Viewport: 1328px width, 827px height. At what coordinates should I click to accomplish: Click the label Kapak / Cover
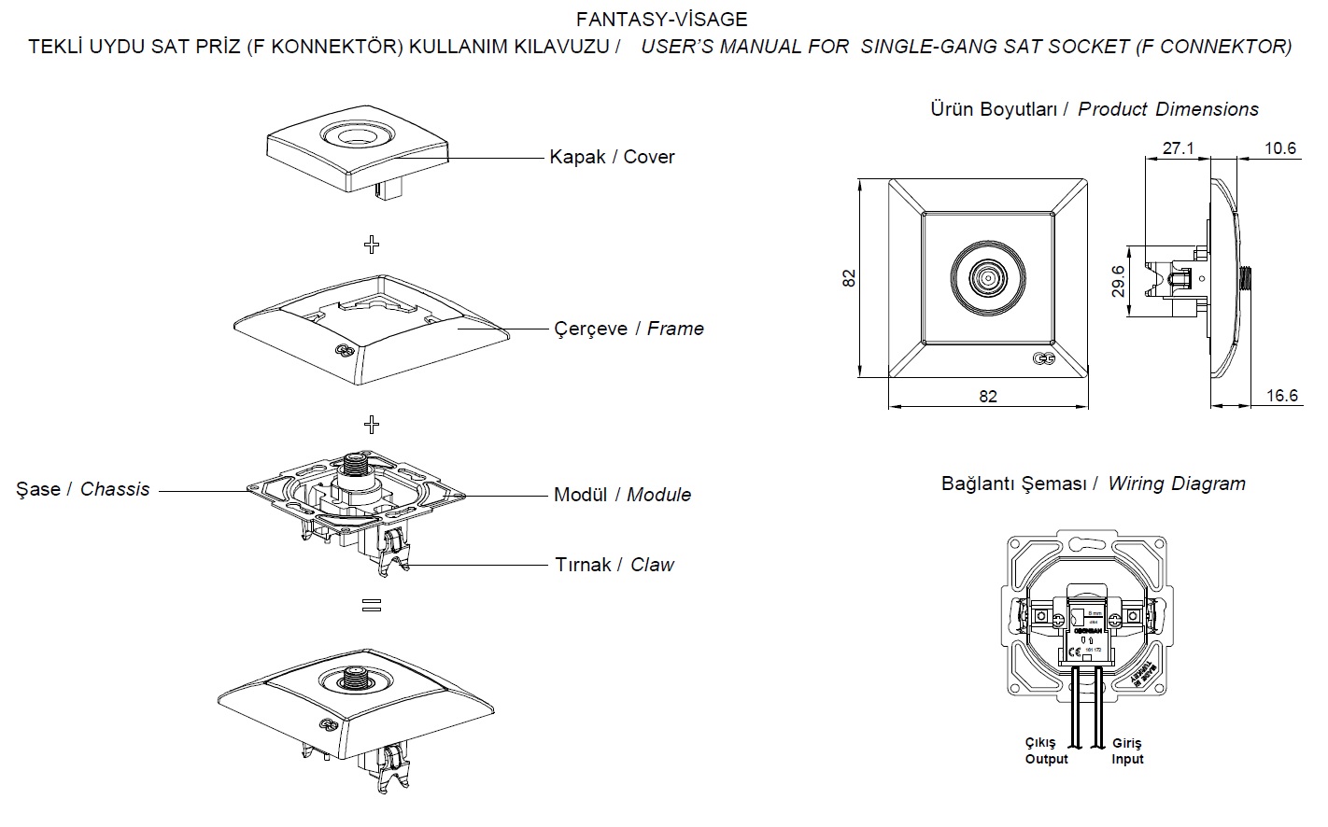click(x=612, y=157)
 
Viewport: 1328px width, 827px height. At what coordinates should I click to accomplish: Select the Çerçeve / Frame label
click(x=629, y=329)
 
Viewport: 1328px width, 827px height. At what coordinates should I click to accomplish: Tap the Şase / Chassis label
click(x=82, y=489)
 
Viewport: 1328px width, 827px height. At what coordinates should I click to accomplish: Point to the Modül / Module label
click(x=622, y=495)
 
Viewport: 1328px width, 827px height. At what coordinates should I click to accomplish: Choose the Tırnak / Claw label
click(x=615, y=565)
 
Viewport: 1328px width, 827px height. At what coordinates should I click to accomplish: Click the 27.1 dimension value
click(x=1179, y=148)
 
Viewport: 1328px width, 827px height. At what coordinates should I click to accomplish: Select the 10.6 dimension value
click(x=1279, y=148)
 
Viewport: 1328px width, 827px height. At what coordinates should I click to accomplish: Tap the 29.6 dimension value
click(x=1117, y=280)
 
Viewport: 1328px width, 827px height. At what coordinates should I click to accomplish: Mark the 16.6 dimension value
click(x=1281, y=396)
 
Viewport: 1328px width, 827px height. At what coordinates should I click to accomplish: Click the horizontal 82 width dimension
click(x=987, y=397)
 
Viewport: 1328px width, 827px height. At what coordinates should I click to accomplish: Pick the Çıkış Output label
click(x=1046, y=750)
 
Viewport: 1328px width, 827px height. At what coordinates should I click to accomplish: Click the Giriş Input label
click(x=1127, y=750)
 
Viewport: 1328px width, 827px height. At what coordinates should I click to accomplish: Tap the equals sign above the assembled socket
click(x=372, y=606)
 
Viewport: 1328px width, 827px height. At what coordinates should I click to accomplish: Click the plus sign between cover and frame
click(x=372, y=245)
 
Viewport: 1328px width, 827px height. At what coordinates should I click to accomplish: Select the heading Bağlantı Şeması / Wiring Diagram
click(x=1093, y=484)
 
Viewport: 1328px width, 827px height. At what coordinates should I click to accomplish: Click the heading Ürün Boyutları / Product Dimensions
click(x=1094, y=109)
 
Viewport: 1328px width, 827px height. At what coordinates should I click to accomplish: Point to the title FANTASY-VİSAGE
click(x=661, y=19)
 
